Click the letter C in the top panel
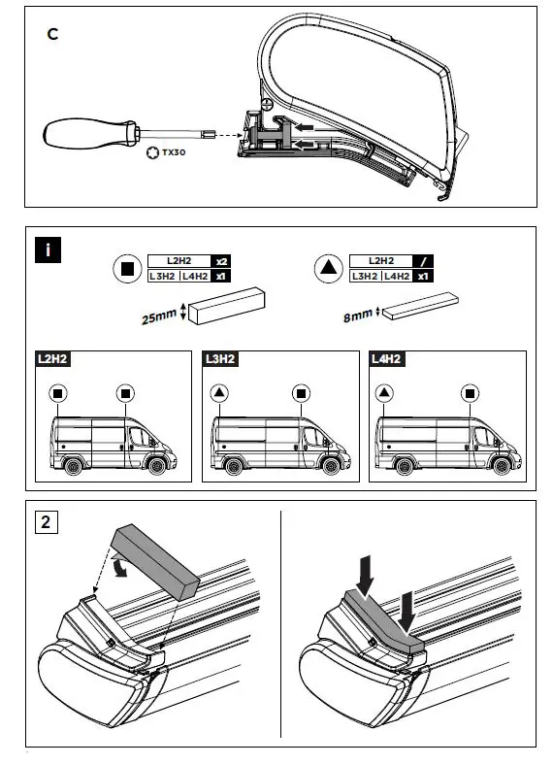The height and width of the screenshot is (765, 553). coord(52,33)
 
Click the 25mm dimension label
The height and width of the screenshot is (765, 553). coord(156,316)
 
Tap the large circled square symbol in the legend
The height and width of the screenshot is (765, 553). coord(127,269)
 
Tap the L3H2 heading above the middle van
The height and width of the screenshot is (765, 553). coord(219,358)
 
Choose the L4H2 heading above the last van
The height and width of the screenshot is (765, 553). coord(387,358)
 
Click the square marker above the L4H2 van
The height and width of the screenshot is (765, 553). coord(472,394)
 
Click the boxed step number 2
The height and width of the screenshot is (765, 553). coord(46,522)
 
